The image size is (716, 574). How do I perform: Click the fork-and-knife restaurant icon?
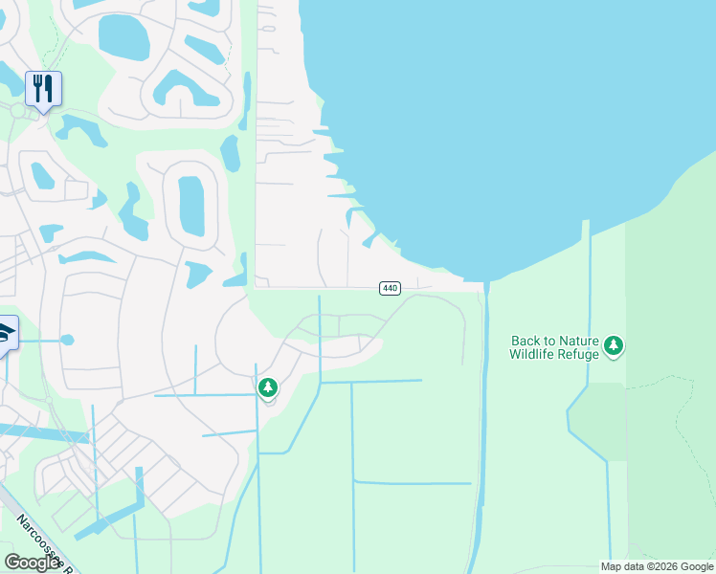click(x=43, y=89)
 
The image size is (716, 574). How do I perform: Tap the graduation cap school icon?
click(x=5, y=334)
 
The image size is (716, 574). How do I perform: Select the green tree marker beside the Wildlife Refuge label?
click(x=614, y=345)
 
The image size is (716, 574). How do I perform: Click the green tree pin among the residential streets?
click(x=268, y=387)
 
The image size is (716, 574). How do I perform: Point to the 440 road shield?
click(x=390, y=288)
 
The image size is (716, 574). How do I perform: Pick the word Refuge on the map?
click(x=581, y=354)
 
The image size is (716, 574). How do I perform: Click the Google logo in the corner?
click(x=32, y=563)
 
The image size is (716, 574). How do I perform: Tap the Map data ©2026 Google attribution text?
click(x=657, y=566)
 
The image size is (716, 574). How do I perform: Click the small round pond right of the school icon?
click(x=67, y=340)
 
